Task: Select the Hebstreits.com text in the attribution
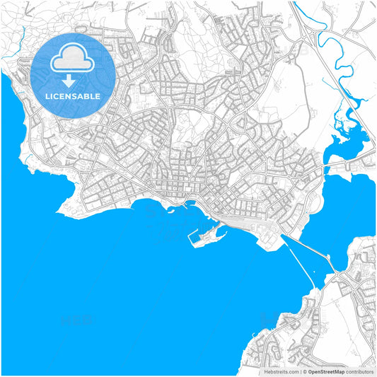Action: tap(281, 371)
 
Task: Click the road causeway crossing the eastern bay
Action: tap(311, 254)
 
